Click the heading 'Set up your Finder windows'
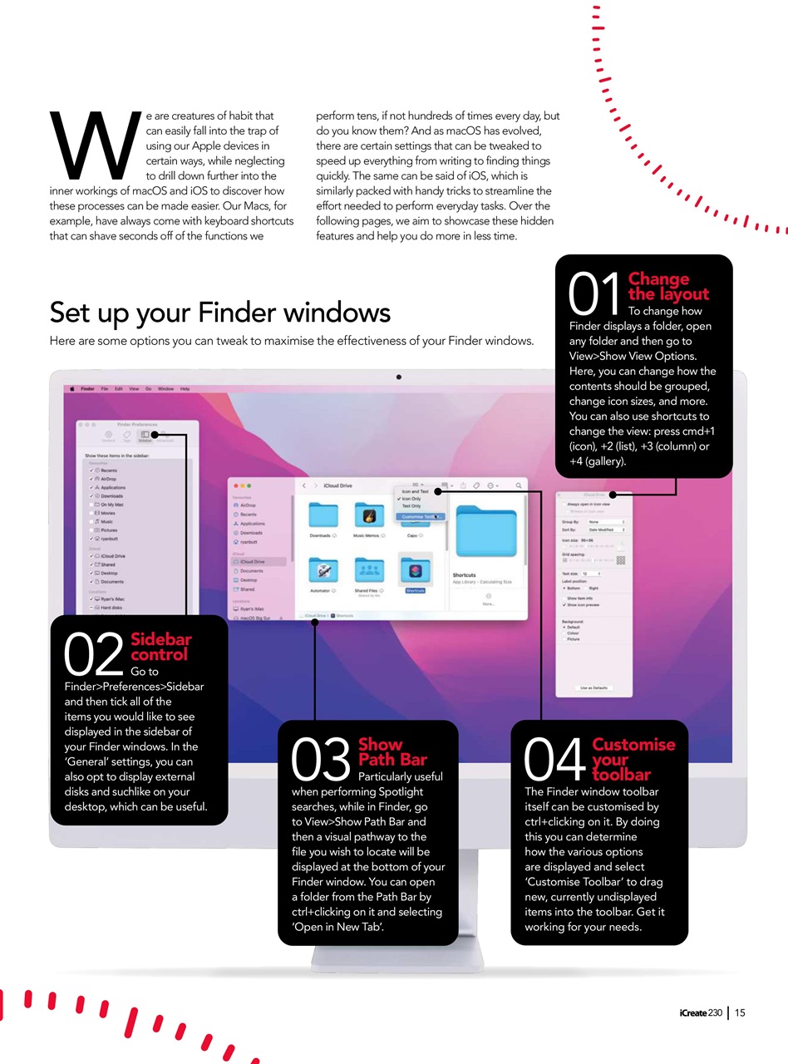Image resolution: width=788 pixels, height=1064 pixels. (219, 312)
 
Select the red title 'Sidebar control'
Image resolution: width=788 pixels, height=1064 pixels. (160, 647)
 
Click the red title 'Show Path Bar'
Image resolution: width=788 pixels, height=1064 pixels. (392, 751)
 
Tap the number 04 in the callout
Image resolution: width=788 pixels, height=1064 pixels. (555, 759)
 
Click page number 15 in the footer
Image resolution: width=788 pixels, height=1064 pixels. (740, 1012)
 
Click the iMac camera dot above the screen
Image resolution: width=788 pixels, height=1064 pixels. (399, 377)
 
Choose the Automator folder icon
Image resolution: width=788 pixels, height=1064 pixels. (320, 570)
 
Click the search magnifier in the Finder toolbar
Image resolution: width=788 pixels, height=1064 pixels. (519, 485)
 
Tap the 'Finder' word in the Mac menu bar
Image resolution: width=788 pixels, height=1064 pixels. (87, 388)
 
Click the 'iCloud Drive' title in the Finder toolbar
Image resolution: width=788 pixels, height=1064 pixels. (338, 485)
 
